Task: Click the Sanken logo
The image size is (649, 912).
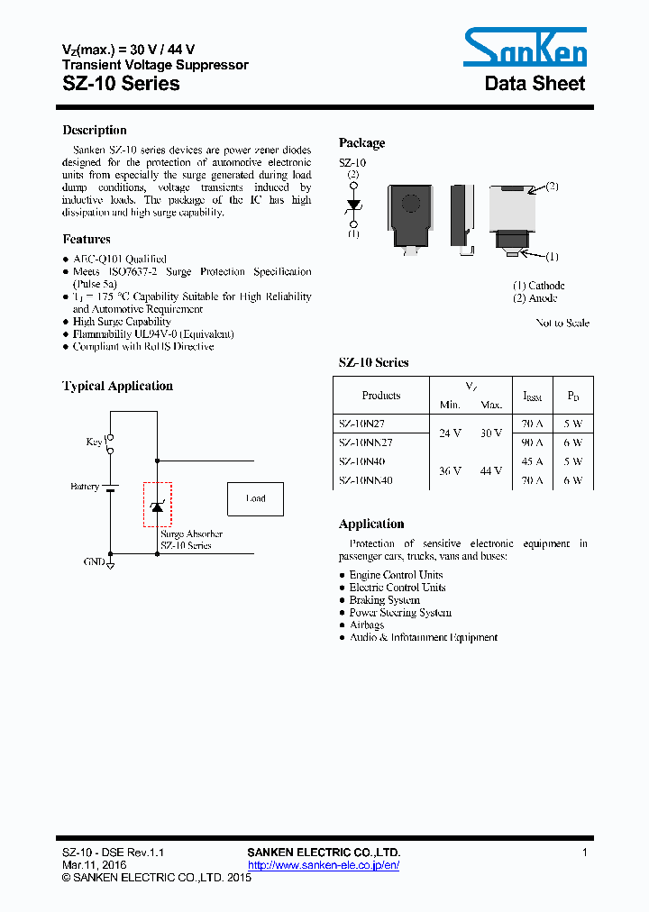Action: pos(525,47)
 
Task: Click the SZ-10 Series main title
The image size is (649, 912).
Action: pos(121,84)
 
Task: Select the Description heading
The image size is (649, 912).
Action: pos(95,130)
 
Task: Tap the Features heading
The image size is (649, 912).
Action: pos(87,239)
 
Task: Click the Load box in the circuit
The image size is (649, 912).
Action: pos(256,498)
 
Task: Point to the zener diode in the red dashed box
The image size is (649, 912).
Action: pos(157,506)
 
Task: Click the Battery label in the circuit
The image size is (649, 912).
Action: pos(85,487)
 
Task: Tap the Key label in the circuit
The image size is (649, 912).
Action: pos(94,442)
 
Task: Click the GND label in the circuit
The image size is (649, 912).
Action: pos(94,561)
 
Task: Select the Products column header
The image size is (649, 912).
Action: pos(380,396)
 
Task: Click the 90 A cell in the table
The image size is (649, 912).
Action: pos(532,442)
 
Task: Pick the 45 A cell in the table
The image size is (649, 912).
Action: pos(532,461)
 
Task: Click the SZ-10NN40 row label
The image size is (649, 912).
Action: pos(366,480)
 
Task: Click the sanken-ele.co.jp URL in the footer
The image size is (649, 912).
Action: pos(324,865)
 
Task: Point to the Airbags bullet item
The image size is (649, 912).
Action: pos(367,625)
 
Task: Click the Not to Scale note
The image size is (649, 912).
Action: pos(562,323)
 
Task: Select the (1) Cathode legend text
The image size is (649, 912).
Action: pos(539,286)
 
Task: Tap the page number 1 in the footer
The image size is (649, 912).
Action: pos(585,853)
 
